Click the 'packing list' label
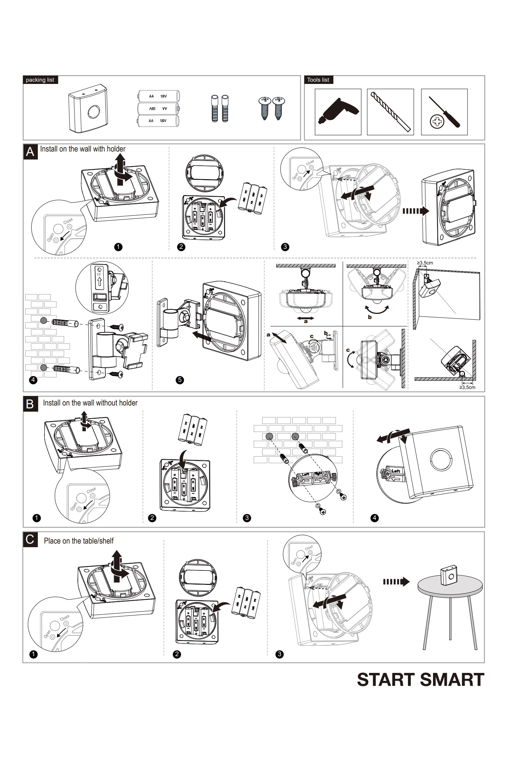40,80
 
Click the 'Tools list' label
318,80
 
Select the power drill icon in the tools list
338,112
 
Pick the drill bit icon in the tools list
390,112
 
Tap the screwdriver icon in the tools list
444,112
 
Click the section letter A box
31,152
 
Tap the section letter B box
30,404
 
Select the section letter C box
30,540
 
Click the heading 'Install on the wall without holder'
90,403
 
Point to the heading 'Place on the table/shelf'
79,541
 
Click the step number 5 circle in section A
180,380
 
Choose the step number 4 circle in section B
375,518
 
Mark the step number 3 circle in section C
280,654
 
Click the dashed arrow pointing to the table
396,582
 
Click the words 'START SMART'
421,680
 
